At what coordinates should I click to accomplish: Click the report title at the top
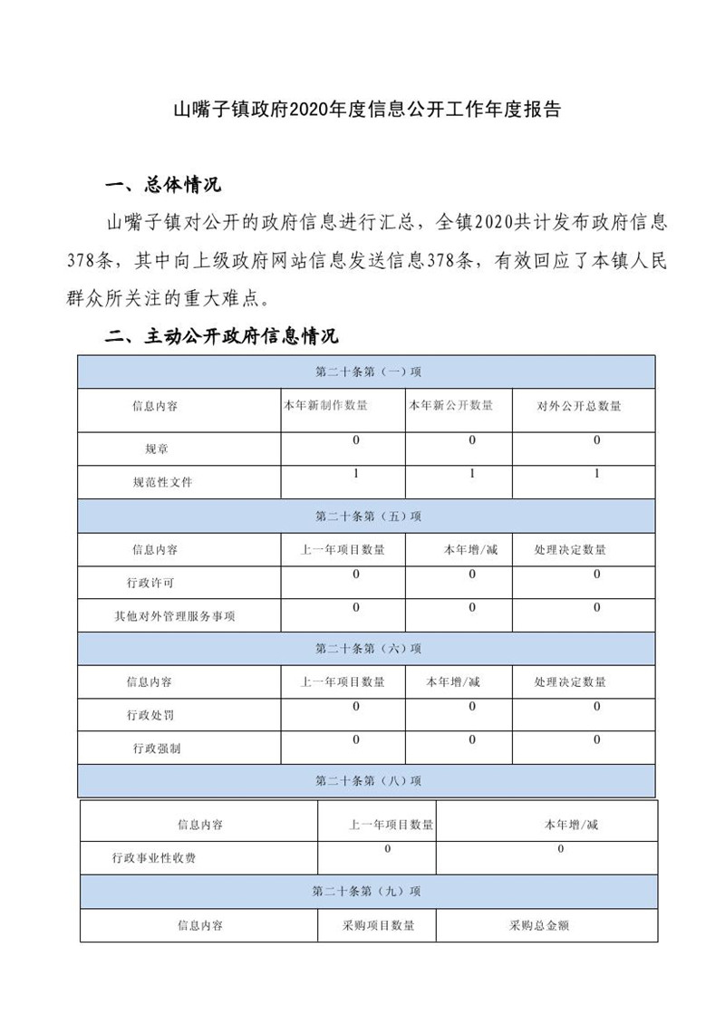pyautogui.click(x=367, y=111)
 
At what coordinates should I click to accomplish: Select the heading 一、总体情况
pyautogui.click(x=163, y=187)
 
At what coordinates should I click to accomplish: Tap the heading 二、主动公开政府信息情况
pyautogui.click(x=222, y=337)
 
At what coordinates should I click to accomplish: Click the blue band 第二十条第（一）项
pyautogui.click(x=367, y=372)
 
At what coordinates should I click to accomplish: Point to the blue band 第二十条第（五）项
pyautogui.click(x=367, y=516)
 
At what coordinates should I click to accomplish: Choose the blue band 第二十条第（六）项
pyautogui.click(x=367, y=649)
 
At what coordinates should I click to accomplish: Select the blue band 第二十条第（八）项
pyautogui.click(x=367, y=780)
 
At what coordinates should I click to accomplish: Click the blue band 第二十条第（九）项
pyautogui.click(x=367, y=892)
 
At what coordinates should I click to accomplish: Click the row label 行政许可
pyautogui.click(x=150, y=583)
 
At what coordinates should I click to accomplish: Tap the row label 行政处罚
pyautogui.click(x=150, y=715)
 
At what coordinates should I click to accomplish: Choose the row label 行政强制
pyautogui.click(x=156, y=749)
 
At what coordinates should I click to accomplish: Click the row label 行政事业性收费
pyautogui.click(x=154, y=857)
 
